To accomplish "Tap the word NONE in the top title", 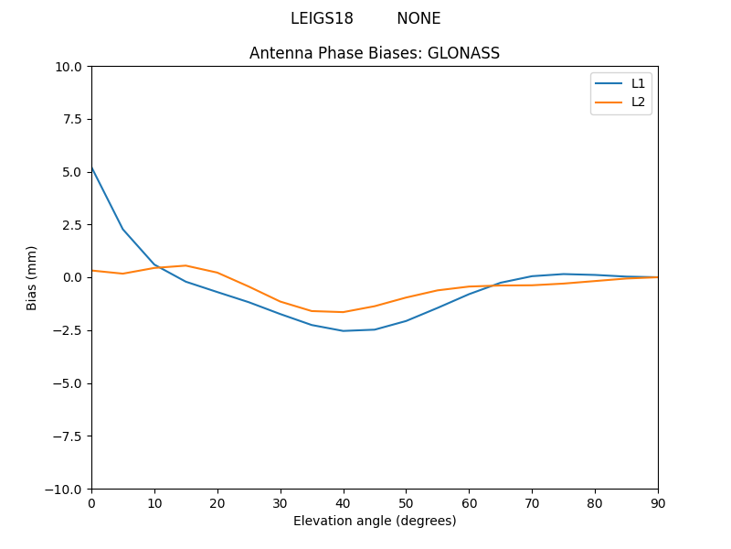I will point(418,18).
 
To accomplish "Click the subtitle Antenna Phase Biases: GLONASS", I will point(375,53).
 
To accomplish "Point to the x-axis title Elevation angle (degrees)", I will point(375,521).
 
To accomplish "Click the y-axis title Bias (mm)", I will point(32,277).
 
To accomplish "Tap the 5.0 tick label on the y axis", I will point(71,172).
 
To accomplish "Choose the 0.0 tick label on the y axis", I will point(71,277).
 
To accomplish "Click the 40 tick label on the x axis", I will point(343,502).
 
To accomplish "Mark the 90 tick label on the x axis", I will point(658,502).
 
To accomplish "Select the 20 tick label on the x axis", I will point(217,502).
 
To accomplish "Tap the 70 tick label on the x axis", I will point(532,502).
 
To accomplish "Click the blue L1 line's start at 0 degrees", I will point(92,167).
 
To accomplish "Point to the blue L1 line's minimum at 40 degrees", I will point(343,330).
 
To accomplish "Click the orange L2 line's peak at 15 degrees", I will point(185,265).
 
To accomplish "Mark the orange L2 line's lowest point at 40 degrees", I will point(343,312).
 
